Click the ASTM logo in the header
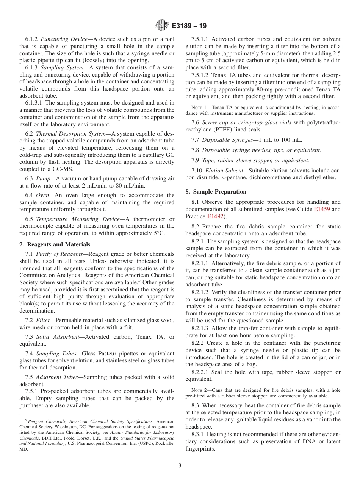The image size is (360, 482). (x=162, y=26)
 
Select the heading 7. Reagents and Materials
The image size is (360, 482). (x=55, y=244)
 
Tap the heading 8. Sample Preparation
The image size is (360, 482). (x=216, y=192)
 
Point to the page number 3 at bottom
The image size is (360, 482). (x=180, y=465)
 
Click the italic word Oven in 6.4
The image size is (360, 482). (x=42, y=195)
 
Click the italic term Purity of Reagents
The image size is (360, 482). (x=56, y=254)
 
